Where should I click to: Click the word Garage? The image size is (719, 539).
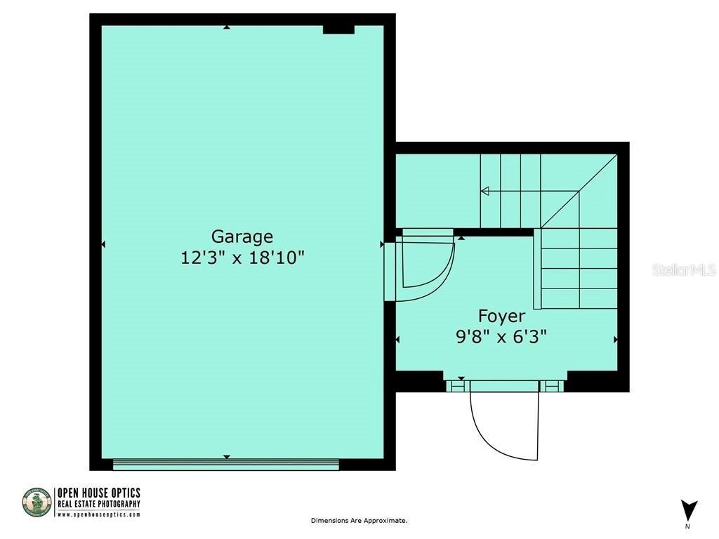tap(242, 237)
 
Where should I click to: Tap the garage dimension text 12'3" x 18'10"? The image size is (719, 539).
tap(242, 258)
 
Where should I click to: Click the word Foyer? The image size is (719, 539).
tap(501, 316)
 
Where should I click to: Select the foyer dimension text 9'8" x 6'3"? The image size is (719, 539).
tap(501, 337)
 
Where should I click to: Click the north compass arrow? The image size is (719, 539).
tap(689, 509)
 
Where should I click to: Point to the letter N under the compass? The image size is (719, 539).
tap(687, 526)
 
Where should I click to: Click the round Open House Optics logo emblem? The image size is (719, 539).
tap(37, 503)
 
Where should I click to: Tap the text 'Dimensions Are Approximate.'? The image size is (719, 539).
tap(359, 521)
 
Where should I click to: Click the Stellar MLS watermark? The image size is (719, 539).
tap(683, 270)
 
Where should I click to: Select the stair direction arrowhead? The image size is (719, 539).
tap(484, 191)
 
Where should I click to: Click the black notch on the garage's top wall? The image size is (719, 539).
tap(338, 29)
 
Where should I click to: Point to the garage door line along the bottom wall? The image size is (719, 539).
tap(226, 463)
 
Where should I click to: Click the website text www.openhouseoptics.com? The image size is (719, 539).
tap(98, 514)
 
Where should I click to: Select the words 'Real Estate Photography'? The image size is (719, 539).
tap(98, 504)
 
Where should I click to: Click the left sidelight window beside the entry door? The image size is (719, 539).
tap(457, 385)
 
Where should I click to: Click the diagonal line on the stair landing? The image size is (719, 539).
tap(579, 191)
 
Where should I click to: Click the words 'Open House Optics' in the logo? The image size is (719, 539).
tap(98, 493)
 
